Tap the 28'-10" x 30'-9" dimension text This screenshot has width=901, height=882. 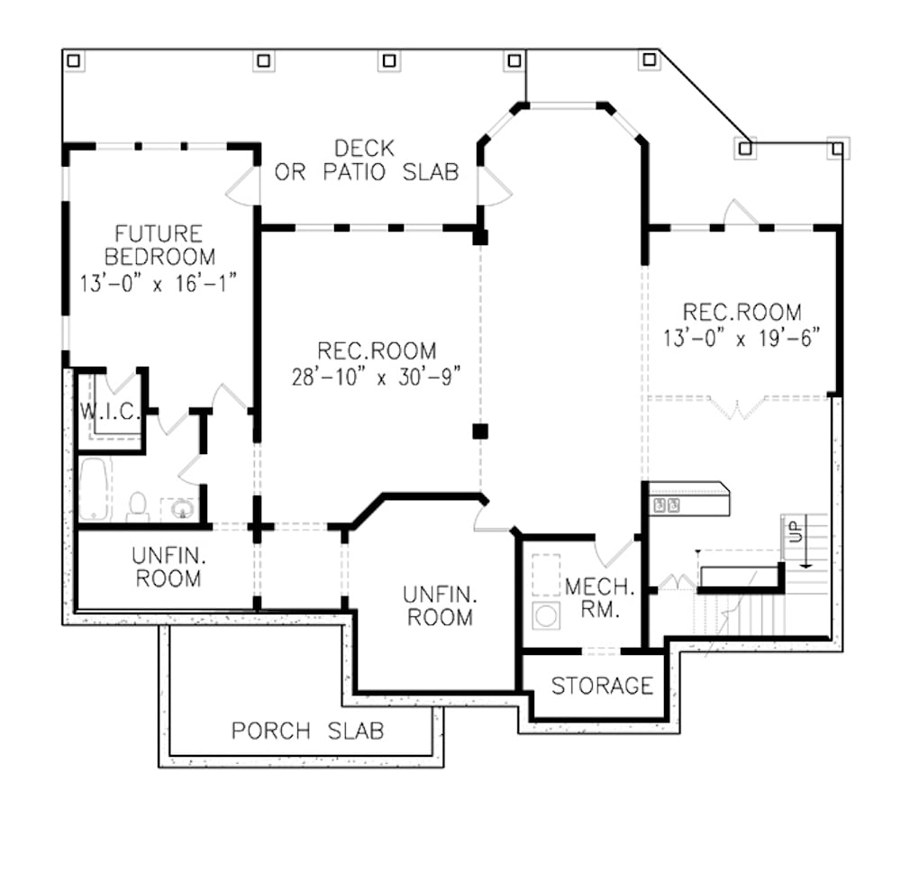click(x=377, y=377)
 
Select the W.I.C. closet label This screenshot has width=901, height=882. click(x=107, y=413)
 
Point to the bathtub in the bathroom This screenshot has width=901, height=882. click(x=94, y=489)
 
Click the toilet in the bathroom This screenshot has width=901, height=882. click(x=138, y=506)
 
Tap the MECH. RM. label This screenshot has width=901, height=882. click(x=599, y=598)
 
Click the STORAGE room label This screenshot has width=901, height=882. click(x=601, y=686)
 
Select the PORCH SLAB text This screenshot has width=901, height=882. click(x=307, y=730)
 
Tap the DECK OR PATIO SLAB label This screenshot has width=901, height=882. click(x=366, y=159)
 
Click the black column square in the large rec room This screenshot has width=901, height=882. click(x=480, y=431)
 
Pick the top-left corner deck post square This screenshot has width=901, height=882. click(x=74, y=60)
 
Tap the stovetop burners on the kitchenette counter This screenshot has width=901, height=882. click(x=667, y=505)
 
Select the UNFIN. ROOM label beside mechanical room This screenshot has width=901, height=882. click(x=439, y=605)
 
